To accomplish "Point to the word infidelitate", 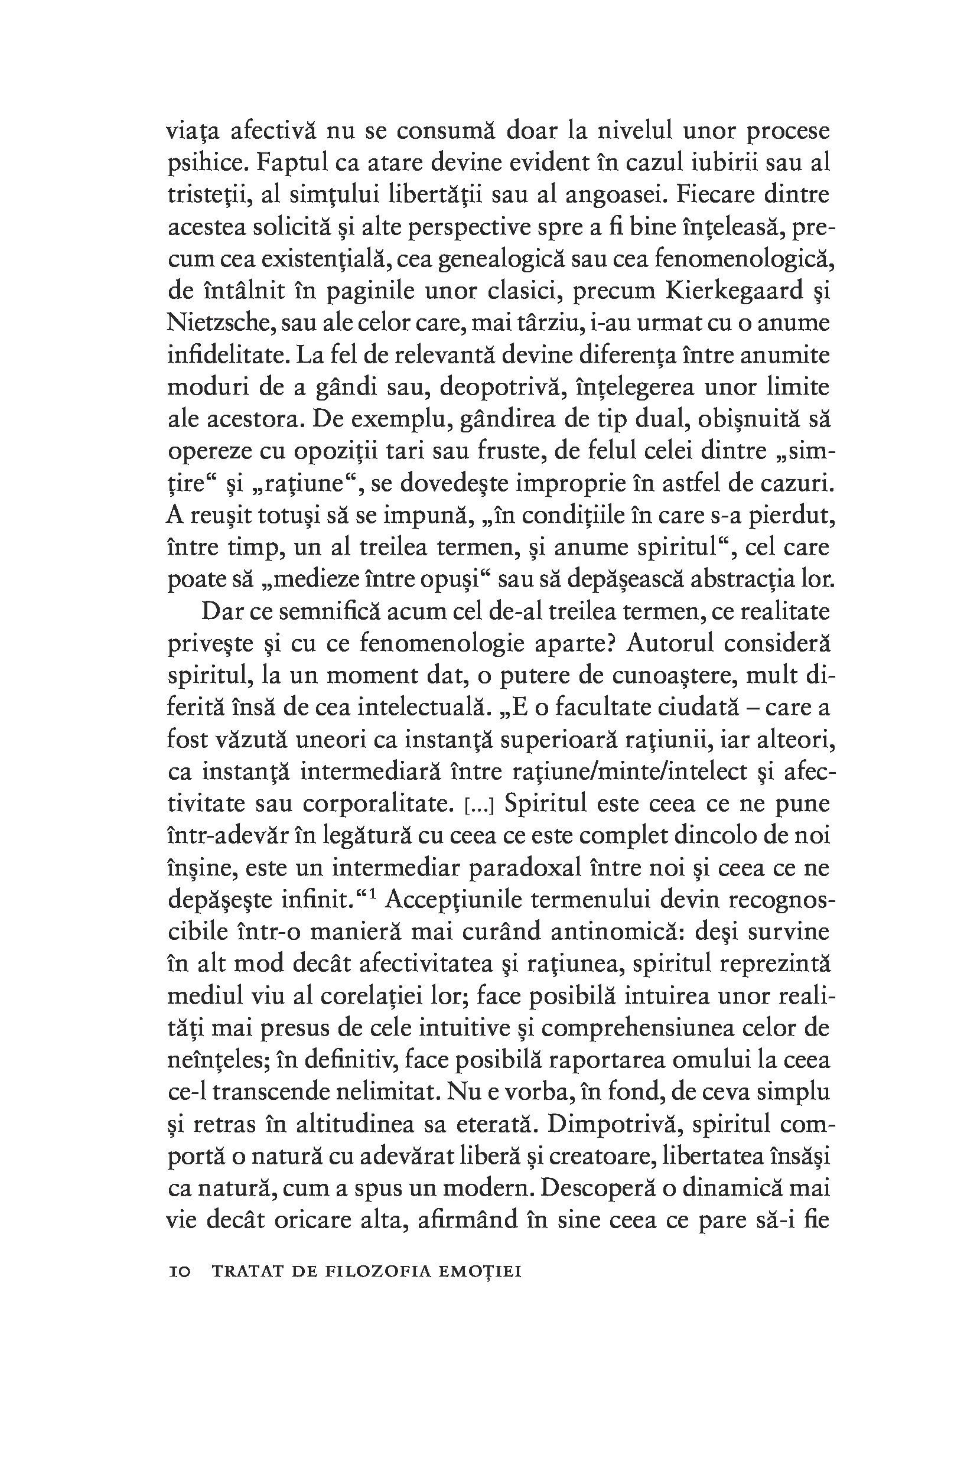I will point(228,355).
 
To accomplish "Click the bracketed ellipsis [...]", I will point(480,805).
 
